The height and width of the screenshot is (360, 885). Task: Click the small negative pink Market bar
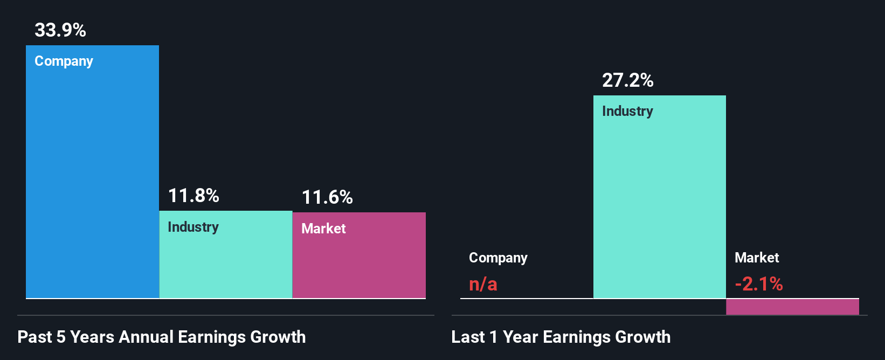[792, 307]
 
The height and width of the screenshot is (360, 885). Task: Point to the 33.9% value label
[60, 30]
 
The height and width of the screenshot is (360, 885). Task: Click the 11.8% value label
[193, 196]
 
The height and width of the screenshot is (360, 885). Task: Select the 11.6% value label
[327, 197]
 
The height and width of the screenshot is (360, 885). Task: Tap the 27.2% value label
[628, 80]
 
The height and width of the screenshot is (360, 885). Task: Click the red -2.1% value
[759, 284]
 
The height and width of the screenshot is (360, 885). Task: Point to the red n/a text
[483, 284]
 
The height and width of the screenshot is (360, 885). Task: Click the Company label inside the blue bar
[64, 61]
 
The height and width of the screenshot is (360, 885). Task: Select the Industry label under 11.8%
[193, 227]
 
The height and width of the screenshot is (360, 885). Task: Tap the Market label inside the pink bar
[323, 229]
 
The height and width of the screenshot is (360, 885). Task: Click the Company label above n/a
[498, 258]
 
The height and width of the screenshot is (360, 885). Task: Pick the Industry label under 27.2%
[627, 112]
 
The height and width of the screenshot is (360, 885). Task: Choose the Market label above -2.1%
[757, 258]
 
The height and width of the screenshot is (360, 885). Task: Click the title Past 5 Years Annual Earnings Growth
[162, 337]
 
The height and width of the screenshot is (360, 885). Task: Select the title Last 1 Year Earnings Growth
[561, 337]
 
